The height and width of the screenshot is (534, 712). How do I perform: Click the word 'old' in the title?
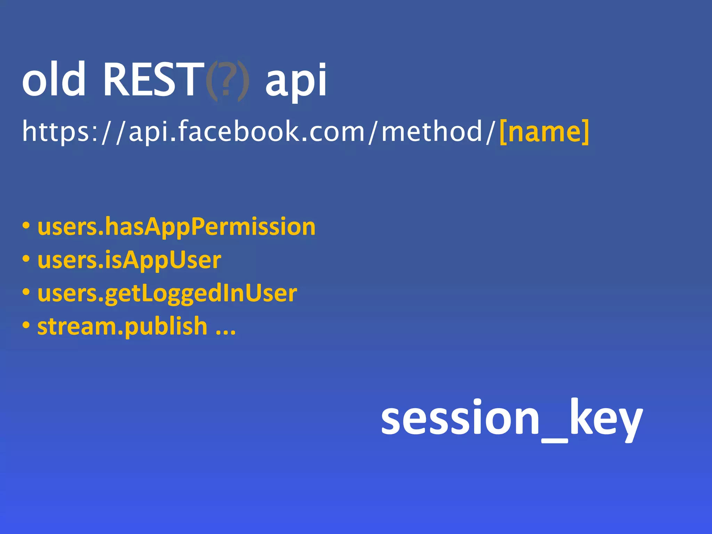[x=54, y=79]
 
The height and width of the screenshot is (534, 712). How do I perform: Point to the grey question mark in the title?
[x=226, y=81]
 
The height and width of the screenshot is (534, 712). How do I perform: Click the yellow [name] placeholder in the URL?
[x=544, y=131]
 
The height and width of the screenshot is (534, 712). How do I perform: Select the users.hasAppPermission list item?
[x=176, y=227]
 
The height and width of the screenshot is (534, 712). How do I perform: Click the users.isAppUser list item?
[x=129, y=260]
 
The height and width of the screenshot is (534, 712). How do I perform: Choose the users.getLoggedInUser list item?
[x=167, y=293]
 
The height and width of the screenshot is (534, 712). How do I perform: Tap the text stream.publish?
[x=122, y=327]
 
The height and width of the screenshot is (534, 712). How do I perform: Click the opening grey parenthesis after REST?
[x=211, y=81]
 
